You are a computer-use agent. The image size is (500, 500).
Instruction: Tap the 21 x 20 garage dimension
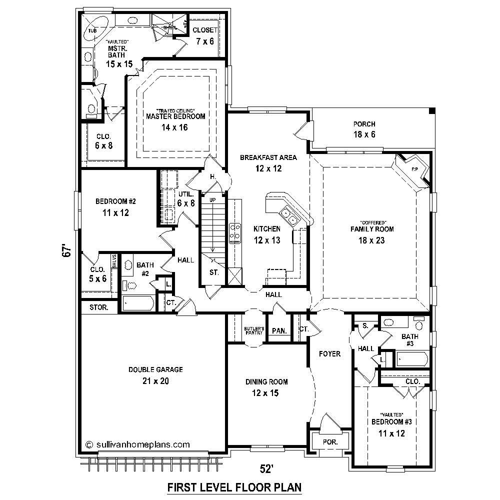coord(155,381)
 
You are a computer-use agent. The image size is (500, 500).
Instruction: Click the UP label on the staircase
coord(212,200)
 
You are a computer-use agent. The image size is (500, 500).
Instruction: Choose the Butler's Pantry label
coord(254,330)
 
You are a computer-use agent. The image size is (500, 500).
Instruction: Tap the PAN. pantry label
coord(278,330)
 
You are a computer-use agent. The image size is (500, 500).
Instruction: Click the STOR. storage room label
coord(99,307)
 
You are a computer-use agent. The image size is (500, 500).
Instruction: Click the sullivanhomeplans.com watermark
coord(137,443)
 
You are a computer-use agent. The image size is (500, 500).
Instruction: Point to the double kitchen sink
coord(289,216)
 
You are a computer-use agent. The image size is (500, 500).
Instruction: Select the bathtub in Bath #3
coord(412,358)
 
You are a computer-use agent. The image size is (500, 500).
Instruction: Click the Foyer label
coord(329,354)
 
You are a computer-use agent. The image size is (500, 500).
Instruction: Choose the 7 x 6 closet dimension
coord(205,41)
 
